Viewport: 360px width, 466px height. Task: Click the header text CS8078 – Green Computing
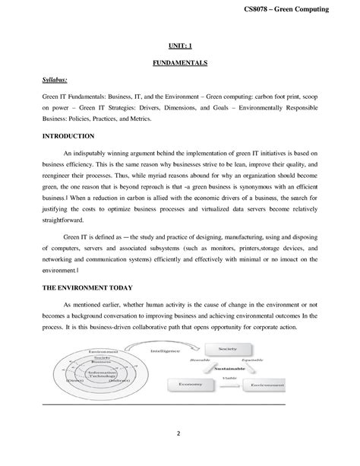(306, 8)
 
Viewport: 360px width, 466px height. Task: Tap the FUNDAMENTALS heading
(180, 62)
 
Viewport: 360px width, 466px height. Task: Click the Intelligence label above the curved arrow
(166, 352)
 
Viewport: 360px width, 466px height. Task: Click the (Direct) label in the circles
(76, 380)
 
